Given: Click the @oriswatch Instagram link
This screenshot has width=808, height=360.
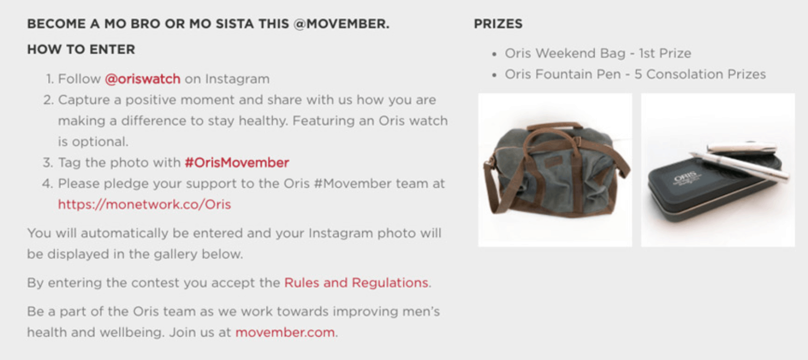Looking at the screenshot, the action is [x=142, y=79].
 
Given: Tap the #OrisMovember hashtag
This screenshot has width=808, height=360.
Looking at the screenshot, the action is [x=237, y=163].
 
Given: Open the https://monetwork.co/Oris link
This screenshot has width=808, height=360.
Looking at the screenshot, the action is [x=144, y=204].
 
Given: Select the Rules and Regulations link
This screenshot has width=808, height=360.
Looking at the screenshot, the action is [x=356, y=283].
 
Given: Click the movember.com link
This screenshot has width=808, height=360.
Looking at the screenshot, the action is [x=285, y=332].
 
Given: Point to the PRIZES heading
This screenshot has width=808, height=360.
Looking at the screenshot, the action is [x=498, y=24].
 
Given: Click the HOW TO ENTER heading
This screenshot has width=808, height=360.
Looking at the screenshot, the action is [x=81, y=49].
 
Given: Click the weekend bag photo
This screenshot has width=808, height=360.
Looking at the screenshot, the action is [x=555, y=170].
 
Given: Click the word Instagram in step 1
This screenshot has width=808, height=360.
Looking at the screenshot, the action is [x=237, y=79].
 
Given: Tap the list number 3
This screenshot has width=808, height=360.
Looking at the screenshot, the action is [x=48, y=163].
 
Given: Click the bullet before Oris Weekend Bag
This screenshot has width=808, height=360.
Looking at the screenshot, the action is [x=494, y=55].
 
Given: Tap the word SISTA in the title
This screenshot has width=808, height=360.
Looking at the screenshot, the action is [x=235, y=24].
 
